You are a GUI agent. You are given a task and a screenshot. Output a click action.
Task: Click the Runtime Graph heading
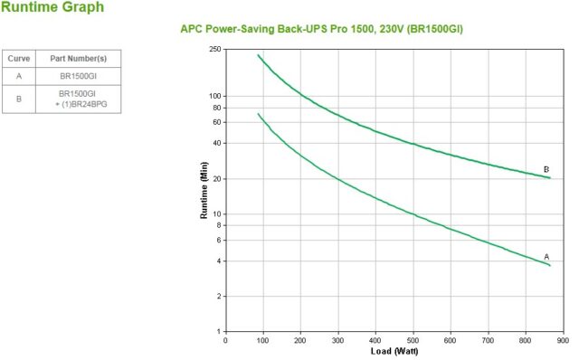click(x=52, y=8)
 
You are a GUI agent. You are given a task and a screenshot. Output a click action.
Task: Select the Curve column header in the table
click(x=19, y=58)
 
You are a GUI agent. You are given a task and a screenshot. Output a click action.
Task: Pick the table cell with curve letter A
click(x=19, y=76)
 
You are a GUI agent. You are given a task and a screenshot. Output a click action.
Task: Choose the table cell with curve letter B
click(x=19, y=98)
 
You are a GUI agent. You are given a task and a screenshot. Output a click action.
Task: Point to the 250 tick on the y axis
click(x=214, y=49)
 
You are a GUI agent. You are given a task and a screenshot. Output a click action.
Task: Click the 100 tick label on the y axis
click(x=214, y=96)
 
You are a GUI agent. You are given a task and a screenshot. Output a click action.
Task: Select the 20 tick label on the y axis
click(x=217, y=179)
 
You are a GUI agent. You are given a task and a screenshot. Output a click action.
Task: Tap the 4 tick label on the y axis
click(x=219, y=261)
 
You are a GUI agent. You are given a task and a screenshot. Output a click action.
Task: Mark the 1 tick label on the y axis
click(x=219, y=332)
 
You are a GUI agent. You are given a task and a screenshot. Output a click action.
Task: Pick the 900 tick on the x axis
click(x=563, y=340)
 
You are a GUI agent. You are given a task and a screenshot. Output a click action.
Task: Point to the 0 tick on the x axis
click(x=225, y=340)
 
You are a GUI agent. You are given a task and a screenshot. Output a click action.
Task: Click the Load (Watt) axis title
click(x=394, y=351)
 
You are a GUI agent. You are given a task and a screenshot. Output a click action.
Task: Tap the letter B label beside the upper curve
click(x=546, y=169)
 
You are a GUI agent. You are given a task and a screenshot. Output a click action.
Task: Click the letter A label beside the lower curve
click(x=546, y=257)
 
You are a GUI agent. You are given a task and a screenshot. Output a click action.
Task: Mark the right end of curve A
click(x=549, y=265)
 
